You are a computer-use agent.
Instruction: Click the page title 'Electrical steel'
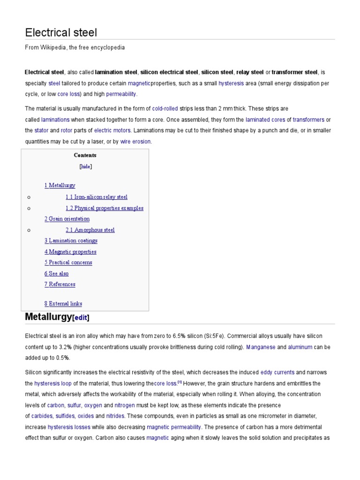[x=61, y=32]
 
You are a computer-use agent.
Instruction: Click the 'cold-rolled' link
[x=165, y=109]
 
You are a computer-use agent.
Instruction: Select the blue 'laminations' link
[x=55, y=120]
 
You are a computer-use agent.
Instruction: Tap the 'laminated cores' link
[x=265, y=120]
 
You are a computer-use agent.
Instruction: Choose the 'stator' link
[x=41, y=130]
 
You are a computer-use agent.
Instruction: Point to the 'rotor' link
[x=67, y=130]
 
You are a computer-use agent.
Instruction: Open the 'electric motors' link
[x=109, y=130]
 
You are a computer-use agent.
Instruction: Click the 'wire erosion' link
[x=135, y=142]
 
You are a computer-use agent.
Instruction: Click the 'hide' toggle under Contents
[x=86, y=166]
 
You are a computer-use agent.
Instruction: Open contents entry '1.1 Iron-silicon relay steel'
[x=96, y=197]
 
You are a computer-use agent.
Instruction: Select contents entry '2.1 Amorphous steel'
[x=90, y=230]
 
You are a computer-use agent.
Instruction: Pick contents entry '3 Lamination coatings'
[x=71, y=240]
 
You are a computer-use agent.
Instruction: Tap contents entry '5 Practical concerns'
[x=68, y=262]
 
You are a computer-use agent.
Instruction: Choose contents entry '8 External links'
[x=63, y=304]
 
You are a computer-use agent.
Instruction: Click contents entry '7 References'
[x=60, y=284]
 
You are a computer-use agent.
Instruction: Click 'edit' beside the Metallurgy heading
[x=81, y=318]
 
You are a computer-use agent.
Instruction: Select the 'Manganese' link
[x=261, y=347]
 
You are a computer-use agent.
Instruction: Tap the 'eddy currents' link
[x=277, y=372]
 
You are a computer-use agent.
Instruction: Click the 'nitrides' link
[x=115, y=416]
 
